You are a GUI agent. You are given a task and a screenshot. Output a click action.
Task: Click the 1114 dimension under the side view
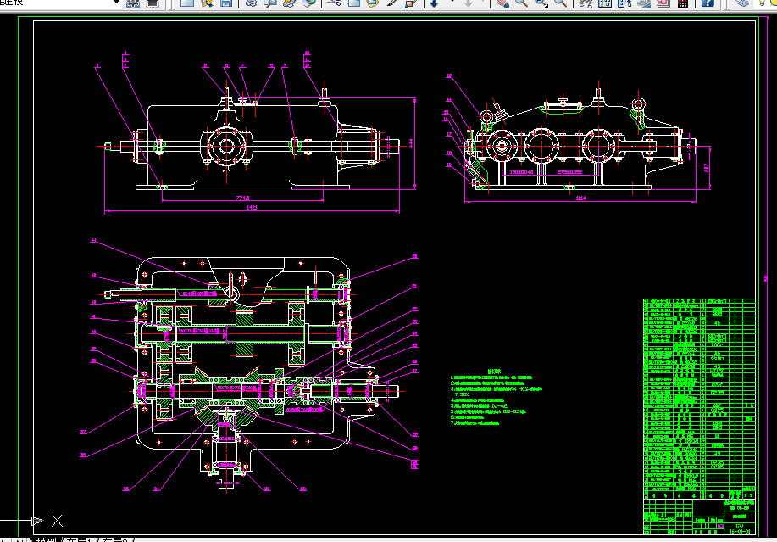point(580,198)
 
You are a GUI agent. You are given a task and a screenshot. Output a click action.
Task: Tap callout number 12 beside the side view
point(449,77)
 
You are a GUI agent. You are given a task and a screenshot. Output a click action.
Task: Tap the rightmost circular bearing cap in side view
point(595,145)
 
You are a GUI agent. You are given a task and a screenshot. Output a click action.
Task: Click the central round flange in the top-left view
point(226,144)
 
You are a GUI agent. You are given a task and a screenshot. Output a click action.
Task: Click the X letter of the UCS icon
point(57,520)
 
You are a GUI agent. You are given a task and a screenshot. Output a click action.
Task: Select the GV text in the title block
point(739,527)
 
